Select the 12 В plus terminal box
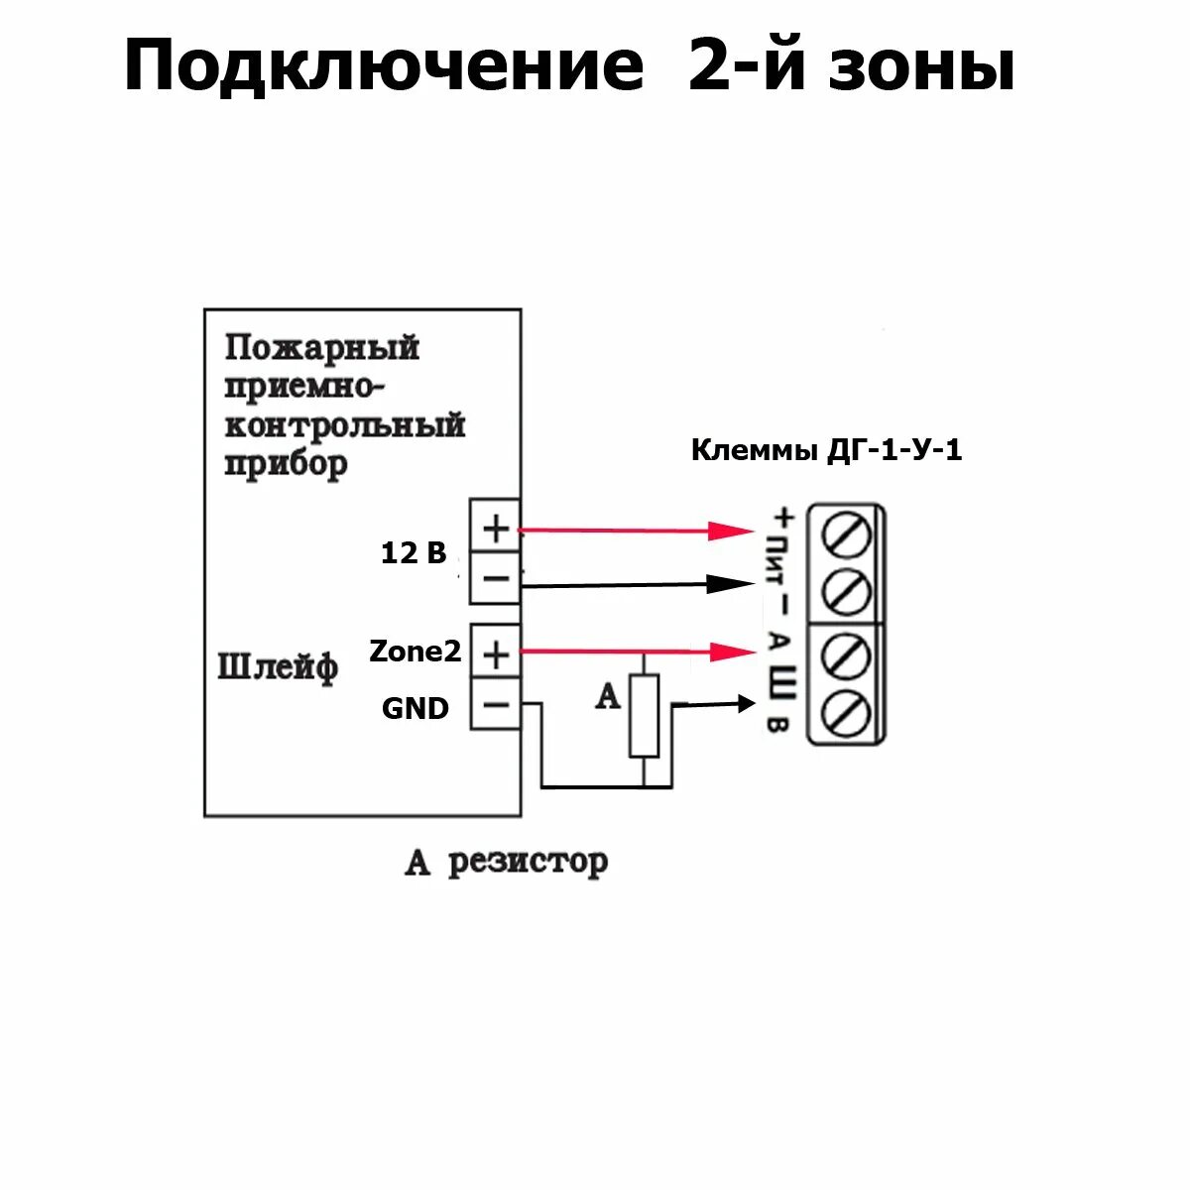495,529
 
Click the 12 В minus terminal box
495,578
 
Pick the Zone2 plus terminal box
495,654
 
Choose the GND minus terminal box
495,705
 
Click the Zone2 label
416,652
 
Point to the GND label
416,708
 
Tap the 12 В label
414,553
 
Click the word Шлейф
278,666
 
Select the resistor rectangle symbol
645,715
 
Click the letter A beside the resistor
607,697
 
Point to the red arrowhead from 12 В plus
734,531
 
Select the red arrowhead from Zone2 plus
735,652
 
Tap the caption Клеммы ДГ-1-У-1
826,451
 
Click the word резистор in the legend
528,861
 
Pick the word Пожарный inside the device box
322,348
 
